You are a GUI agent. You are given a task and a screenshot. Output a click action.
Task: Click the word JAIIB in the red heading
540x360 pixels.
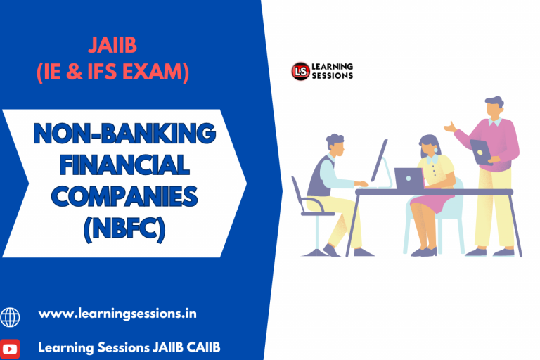(112, 46)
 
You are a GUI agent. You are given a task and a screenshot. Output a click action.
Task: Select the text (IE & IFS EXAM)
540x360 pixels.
(112, 72)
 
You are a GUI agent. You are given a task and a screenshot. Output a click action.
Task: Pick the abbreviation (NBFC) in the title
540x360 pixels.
(124, 229)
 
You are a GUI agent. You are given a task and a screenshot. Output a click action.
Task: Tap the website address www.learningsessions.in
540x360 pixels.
(117, 314)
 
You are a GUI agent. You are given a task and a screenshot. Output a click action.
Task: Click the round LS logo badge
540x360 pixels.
(300, 71)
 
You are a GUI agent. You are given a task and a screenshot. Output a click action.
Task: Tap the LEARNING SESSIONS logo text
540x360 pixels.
(333, 71)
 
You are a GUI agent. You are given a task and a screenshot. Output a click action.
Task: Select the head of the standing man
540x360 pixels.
(494, 108)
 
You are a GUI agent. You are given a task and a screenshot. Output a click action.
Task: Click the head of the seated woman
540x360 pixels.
(428, 146)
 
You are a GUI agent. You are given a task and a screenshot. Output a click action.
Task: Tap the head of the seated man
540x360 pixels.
(335, 146)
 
